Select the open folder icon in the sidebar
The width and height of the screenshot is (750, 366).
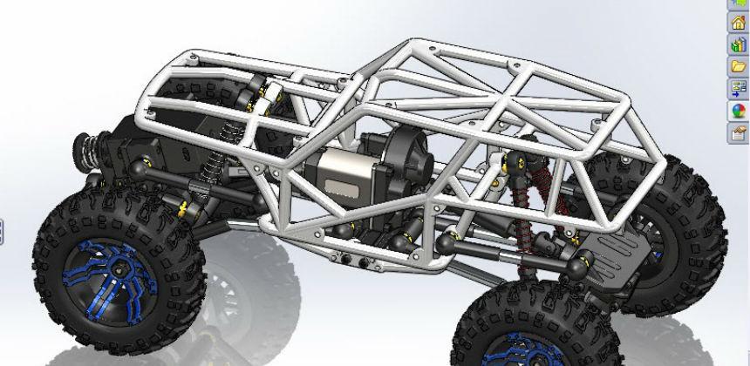pos(738,66)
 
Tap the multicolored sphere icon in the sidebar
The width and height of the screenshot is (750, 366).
pos(738,111)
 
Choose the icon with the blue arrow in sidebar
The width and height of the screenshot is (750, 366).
pos(738,88)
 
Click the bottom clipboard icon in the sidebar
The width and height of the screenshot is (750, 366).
pos(738,132)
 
